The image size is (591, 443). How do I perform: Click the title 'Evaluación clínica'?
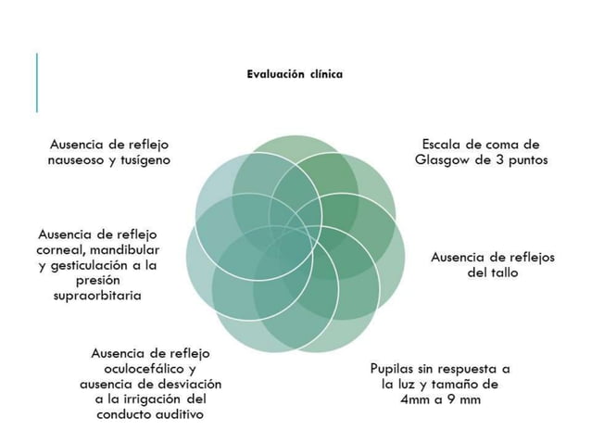click(294, 73)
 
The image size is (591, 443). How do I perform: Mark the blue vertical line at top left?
click(37, 82)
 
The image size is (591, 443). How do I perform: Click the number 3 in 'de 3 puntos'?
click(501, 159)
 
